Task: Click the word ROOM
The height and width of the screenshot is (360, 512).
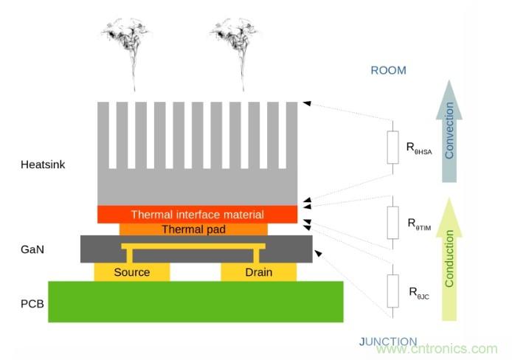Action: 388,71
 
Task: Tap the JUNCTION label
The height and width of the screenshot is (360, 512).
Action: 388,342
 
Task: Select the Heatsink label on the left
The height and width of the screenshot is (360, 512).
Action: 43,165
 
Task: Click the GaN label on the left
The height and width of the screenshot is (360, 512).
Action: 32,249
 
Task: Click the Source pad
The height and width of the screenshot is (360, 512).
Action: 132,272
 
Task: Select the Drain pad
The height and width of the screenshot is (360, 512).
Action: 259,272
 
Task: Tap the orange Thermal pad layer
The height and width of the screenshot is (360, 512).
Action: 193,229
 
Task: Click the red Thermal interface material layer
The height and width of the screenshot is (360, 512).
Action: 197,215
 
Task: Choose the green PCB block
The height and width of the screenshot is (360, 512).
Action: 196,301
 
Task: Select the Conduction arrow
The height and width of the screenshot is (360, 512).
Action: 449,258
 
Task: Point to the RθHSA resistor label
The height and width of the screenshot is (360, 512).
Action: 421,148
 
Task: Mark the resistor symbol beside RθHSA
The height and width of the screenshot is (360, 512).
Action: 392,148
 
